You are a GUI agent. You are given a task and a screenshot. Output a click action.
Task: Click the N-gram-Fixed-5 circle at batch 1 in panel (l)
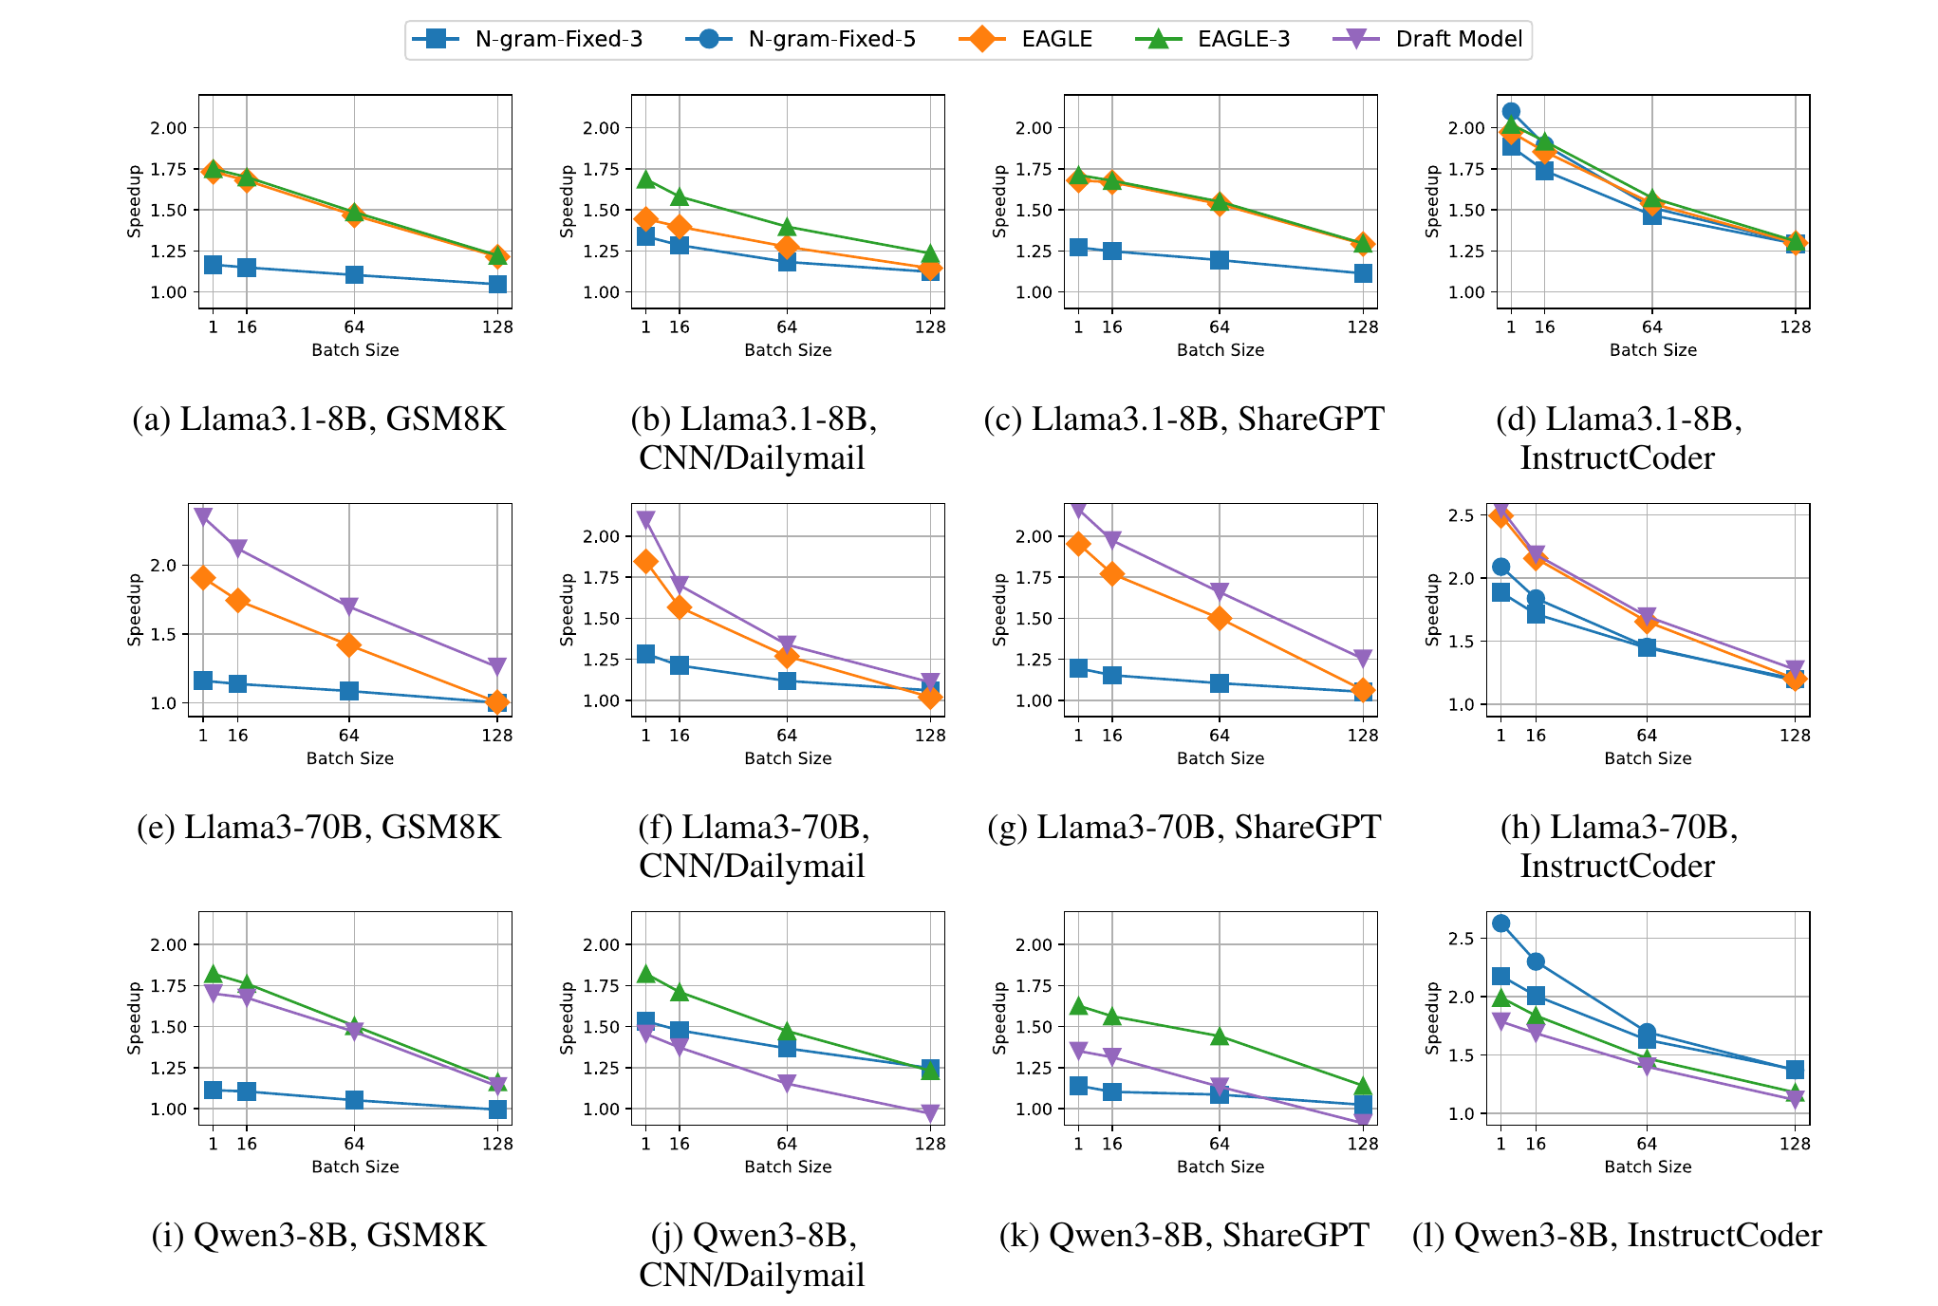[x=1500, y=924]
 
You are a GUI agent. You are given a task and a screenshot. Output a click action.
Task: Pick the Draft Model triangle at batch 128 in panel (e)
[x=496, y=666]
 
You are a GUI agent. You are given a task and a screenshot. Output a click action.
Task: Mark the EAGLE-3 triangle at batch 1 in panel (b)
[x=645, y=179]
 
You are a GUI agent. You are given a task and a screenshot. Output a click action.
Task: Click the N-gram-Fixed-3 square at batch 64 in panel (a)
[x=354, y=275]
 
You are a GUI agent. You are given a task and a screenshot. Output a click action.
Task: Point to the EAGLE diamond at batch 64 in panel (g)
[x=1220, y=619]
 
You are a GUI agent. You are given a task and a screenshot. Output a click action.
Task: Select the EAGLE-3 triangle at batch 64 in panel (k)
[x=1220, y=1036]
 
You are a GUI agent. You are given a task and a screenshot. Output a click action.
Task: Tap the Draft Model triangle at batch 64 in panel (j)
[x=787, y=1084]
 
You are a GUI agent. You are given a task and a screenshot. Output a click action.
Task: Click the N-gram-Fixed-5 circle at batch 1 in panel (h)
[x=1500, y=567]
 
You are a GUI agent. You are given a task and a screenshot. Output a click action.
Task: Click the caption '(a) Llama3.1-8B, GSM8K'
[x=319, y=419]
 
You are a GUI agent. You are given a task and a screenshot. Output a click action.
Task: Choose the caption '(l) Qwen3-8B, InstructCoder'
[x=1616, y=1235]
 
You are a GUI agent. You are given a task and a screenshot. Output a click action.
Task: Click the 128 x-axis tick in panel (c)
[x=1363, y=327]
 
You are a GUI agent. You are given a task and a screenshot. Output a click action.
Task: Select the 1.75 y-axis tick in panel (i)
[x=169, y=986]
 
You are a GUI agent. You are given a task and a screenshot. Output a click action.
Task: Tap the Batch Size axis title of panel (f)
[x=788, y=758]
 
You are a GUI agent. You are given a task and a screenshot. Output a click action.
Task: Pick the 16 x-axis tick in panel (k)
[x=1111, y=1144]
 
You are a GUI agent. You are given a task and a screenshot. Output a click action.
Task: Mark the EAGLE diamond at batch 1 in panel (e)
[x=202, y=578]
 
